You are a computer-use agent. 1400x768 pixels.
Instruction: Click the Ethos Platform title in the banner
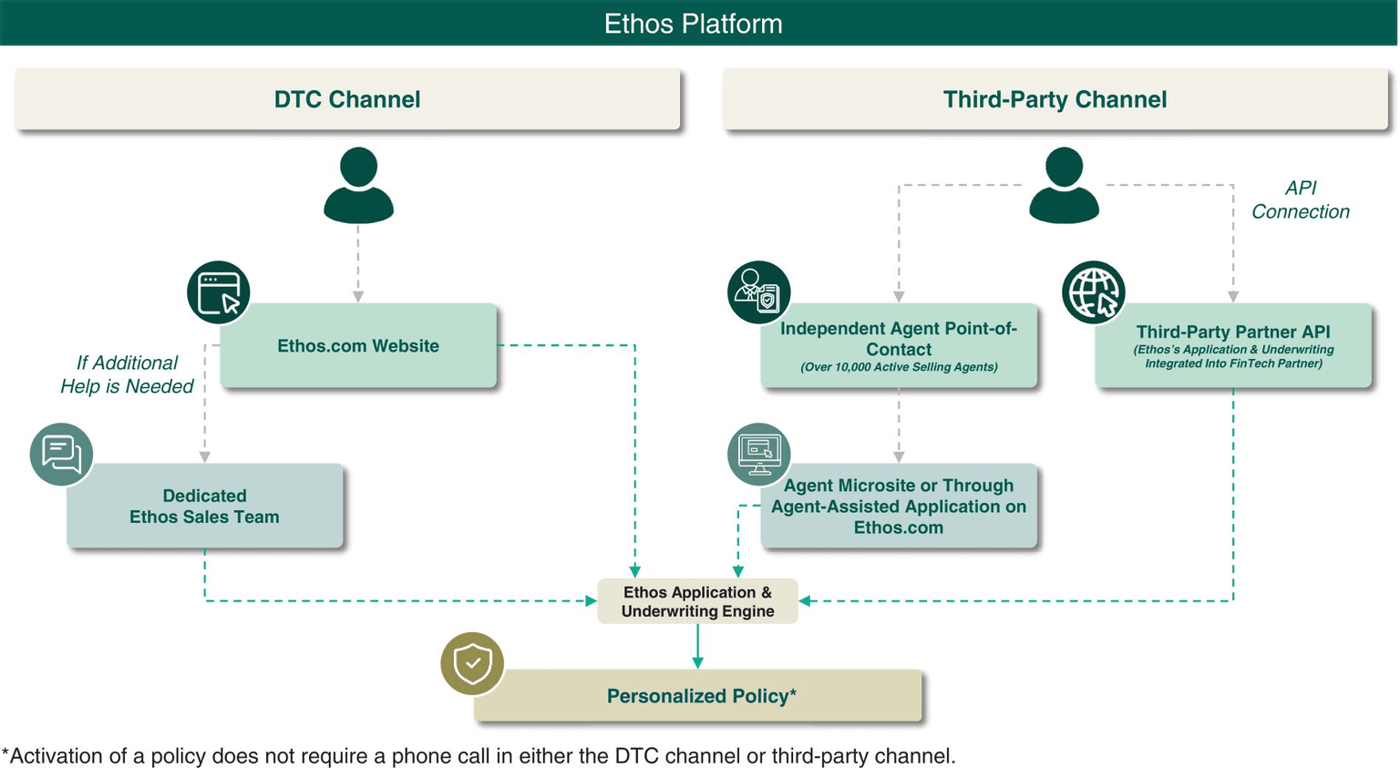point(693,24)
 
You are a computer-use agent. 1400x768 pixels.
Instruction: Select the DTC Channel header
point(347,99)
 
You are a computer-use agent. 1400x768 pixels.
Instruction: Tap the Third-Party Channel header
point(1055,99)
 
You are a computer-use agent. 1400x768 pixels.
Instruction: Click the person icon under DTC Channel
point(358,186)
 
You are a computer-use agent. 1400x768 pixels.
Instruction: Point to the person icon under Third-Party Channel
point(1064,186)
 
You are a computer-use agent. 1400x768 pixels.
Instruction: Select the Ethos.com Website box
point(358,346)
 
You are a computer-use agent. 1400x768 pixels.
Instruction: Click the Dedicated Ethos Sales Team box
point(205,507)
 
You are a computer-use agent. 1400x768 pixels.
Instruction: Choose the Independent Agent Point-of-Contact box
point(899,346)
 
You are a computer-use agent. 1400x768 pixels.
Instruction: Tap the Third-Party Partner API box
point(1233,346)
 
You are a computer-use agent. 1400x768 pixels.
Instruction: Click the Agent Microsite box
point(899,507)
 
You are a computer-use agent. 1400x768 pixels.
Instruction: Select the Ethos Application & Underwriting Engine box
point(697,601)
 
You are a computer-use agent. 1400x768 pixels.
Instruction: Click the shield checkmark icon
point(472,663)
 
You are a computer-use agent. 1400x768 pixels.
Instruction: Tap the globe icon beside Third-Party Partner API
point(1093,292)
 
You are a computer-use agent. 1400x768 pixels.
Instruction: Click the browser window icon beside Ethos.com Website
point(219,292)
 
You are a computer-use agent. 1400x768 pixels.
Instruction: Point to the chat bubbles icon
point(61,454)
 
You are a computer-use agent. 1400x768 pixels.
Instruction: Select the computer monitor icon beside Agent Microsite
point(758,454)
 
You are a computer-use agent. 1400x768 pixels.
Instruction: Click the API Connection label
point(1300,200)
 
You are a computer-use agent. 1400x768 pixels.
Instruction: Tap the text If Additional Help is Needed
point(127,374)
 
